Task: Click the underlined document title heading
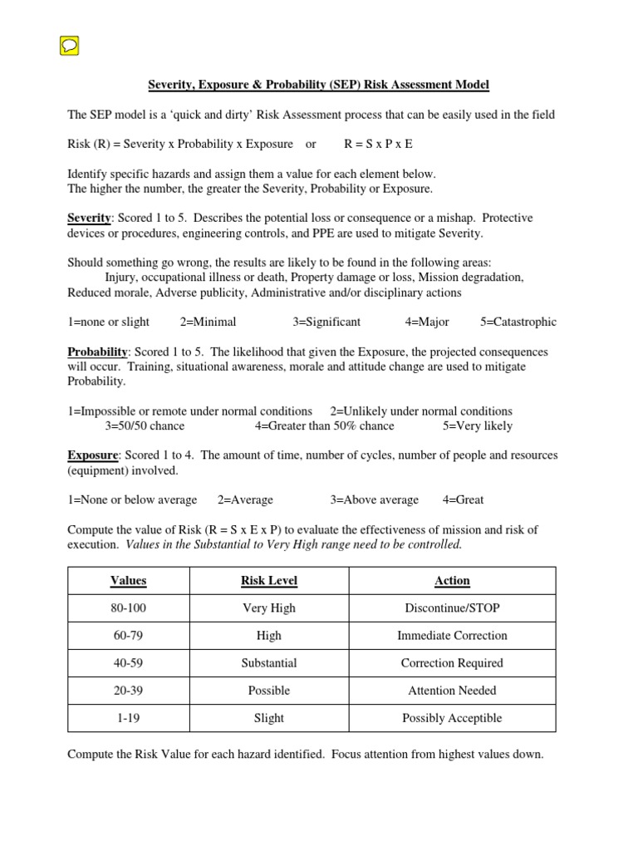coord(319,85)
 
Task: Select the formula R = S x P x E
coord(378,144)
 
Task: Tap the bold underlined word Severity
coord(89,218)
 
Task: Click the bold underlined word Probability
coord(97,352)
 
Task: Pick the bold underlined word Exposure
coord(93,455)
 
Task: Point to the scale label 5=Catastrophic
coord(518,322)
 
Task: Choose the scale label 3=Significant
coord(326,322)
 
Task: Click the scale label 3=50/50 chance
coord(145,425)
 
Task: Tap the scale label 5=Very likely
coord(478,425)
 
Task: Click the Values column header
coord(128,581)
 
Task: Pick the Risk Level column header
coord(269,581)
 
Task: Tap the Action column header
coord(452,581)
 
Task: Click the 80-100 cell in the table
coord(128,608)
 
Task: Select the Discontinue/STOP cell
coord(452,608)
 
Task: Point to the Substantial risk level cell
coord(269,663)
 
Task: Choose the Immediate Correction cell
coord(452,636)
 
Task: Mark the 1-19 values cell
coord(128,718)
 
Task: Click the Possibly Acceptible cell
coord(452,718)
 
